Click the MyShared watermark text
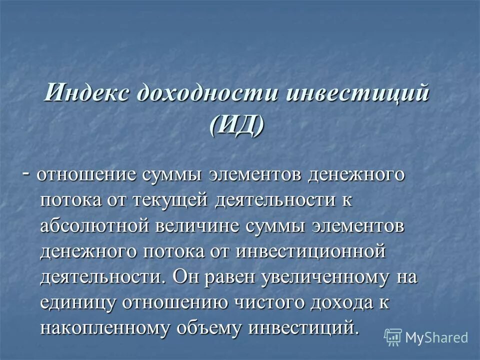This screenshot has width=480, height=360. [436, 337]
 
